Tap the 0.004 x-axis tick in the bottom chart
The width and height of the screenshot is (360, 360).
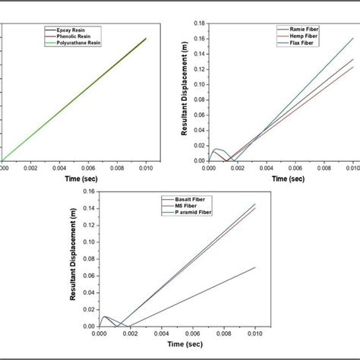[161, 333]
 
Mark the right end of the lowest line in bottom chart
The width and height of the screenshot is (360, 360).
[254, 267]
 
